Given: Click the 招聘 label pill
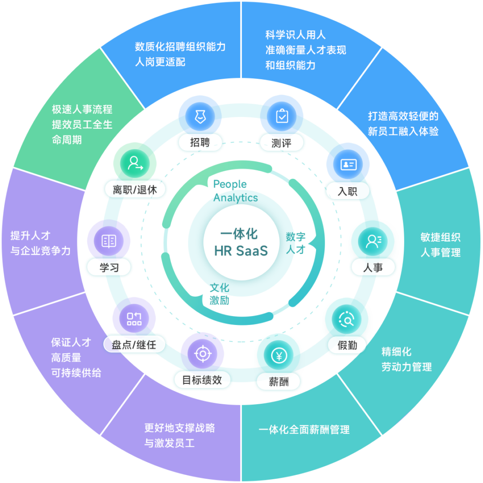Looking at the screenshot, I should coord(200,142).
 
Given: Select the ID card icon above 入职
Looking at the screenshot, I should coord(348,164).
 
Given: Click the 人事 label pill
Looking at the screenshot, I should coord(373,267).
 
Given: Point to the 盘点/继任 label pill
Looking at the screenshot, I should coord(134,345).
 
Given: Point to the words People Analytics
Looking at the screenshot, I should coord(235,191).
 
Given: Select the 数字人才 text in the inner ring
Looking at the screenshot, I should coord(296,243).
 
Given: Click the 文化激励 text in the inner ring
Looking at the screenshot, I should coord(219,294).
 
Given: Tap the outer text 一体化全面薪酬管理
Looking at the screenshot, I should coord(304,430).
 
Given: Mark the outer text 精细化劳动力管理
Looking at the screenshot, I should coord(406,359).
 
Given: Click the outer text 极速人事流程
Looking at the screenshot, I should coord(82,109).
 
